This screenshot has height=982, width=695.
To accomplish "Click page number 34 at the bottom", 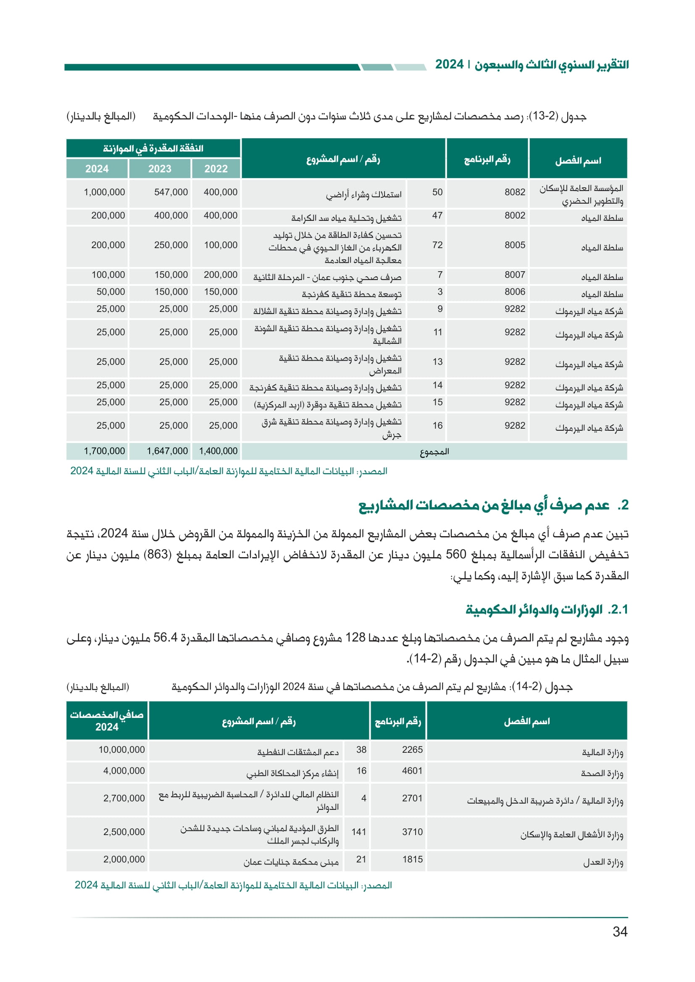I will tap(620, 932).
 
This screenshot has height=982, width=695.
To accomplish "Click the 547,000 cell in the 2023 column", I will tap(171, 192).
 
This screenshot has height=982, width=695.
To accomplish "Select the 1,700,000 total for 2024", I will tap(105, 451).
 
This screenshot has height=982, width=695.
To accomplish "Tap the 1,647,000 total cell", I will tap(167, 451).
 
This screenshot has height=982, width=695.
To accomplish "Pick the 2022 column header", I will tap(216, 169).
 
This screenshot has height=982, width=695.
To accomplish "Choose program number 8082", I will tap(515, 192).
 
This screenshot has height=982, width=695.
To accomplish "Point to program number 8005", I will tap(515, 245).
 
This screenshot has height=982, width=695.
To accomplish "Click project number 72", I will tap(437, 245).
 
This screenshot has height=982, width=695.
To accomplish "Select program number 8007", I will tap(515, 275).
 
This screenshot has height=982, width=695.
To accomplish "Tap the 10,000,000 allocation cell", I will tap(122, 750).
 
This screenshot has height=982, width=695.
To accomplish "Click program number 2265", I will tap(412, 750).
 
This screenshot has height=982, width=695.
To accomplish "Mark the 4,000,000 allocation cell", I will tap(124, 771).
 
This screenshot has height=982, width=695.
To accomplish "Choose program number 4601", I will tap(412, 771).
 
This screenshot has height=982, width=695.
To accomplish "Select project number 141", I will tap(358, 832).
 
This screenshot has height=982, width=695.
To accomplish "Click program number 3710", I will tap(412, 832).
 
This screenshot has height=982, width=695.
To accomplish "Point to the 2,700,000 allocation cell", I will tap(124, 798).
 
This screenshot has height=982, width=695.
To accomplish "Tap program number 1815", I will tap(413, 859).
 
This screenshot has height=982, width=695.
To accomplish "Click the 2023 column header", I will tap(160, 169).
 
